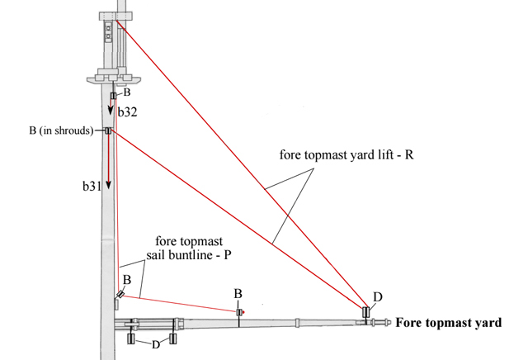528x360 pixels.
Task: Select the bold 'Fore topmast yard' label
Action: point(448,323)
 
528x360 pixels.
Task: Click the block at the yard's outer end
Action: point(366,313)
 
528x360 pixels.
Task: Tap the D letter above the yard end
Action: point(378,296)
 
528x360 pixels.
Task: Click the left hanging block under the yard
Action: point(130,339)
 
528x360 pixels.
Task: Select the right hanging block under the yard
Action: point(173,339)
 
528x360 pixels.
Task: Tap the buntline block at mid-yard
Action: point(239,312)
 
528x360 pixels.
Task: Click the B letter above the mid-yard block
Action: point(238,294)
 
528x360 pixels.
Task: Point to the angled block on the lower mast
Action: point(121,294)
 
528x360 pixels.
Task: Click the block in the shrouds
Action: point(108,130)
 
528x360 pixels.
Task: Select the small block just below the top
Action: point(113,96)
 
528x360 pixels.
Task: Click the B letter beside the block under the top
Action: point(127,92)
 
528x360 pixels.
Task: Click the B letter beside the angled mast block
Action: point(127,281)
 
